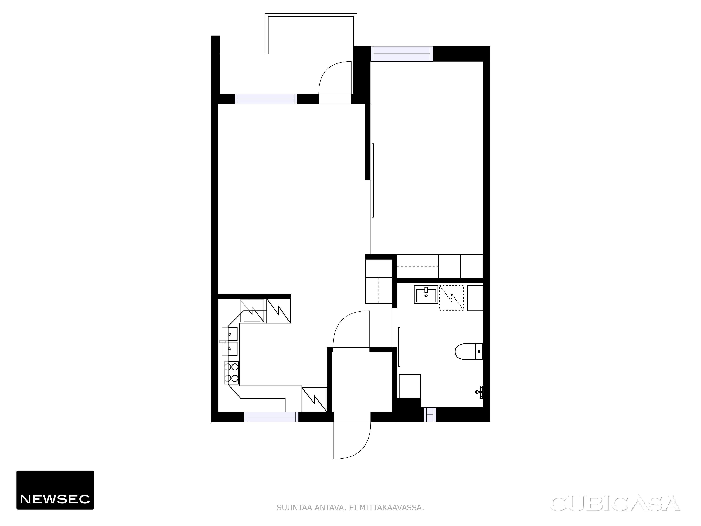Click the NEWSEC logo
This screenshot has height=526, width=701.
[x=55, y=490]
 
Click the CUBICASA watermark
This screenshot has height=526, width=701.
[x=616, y=504]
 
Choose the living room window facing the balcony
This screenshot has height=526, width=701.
[x=266, y=99]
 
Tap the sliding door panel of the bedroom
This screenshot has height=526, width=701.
[x=373, y=180]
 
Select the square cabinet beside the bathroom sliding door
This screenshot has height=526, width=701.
[x=410, y=386]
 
